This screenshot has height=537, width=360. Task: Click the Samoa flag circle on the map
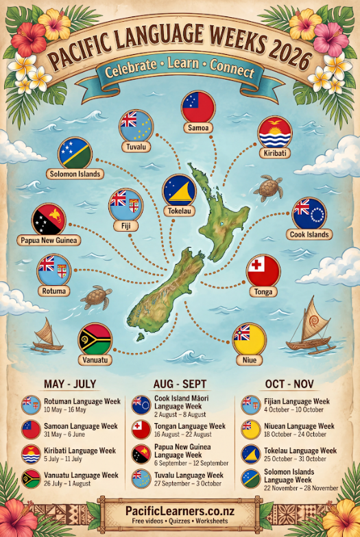pyautogui.click(x=197, y=107)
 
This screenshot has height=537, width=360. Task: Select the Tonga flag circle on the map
pyautogui.click(x=263, y=271)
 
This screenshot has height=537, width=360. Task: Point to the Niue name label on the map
pyautogui.click(x=248, y=359)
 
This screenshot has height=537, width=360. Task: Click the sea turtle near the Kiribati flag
pyautogui.click(x=267, y=187)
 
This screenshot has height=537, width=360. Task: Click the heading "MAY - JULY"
pyautogui.click(x=69, y=384)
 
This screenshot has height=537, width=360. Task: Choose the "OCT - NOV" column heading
pyautogui.click(x=289, y=384)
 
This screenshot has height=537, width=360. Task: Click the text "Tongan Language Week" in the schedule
pyautogui.click(x=189, y=426)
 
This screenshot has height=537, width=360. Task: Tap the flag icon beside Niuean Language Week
pyautogui.click(x=250, y=430)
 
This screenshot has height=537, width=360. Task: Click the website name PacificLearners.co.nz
pyautogui.click(x=180, y=510)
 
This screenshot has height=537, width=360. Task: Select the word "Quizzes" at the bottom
pyautogui.click(x=180, y=524)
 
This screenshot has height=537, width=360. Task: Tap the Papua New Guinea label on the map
pyautogui.click(x=49, y=241)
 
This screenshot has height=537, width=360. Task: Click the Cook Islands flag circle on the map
pyautogui.click(x=309, y=214)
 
